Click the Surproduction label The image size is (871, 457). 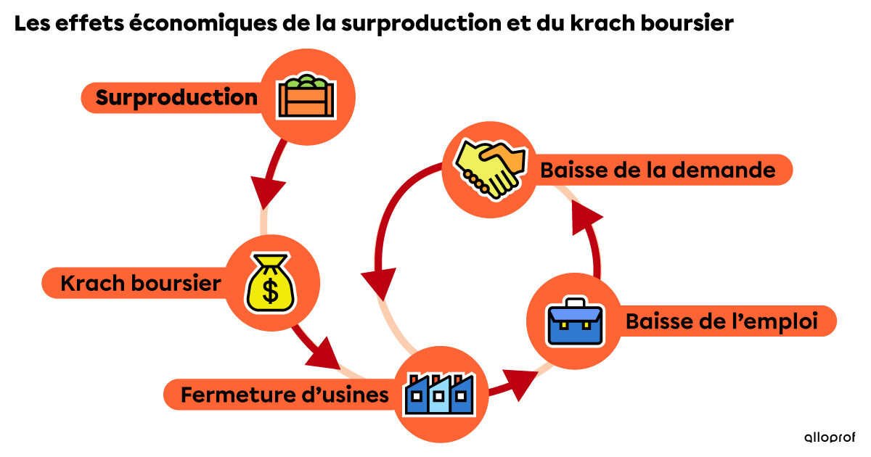[x=176, y=97]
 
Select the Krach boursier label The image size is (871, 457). [x=140, y=283]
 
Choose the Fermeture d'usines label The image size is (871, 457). [x=279, y=396]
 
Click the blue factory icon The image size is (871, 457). [x=440, y=395]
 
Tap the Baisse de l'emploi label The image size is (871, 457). [x=721, y=321]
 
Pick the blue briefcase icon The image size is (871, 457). [x=575, y=321]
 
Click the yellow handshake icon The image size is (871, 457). [x=490, y=169]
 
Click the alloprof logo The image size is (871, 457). [x=830, y=437]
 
